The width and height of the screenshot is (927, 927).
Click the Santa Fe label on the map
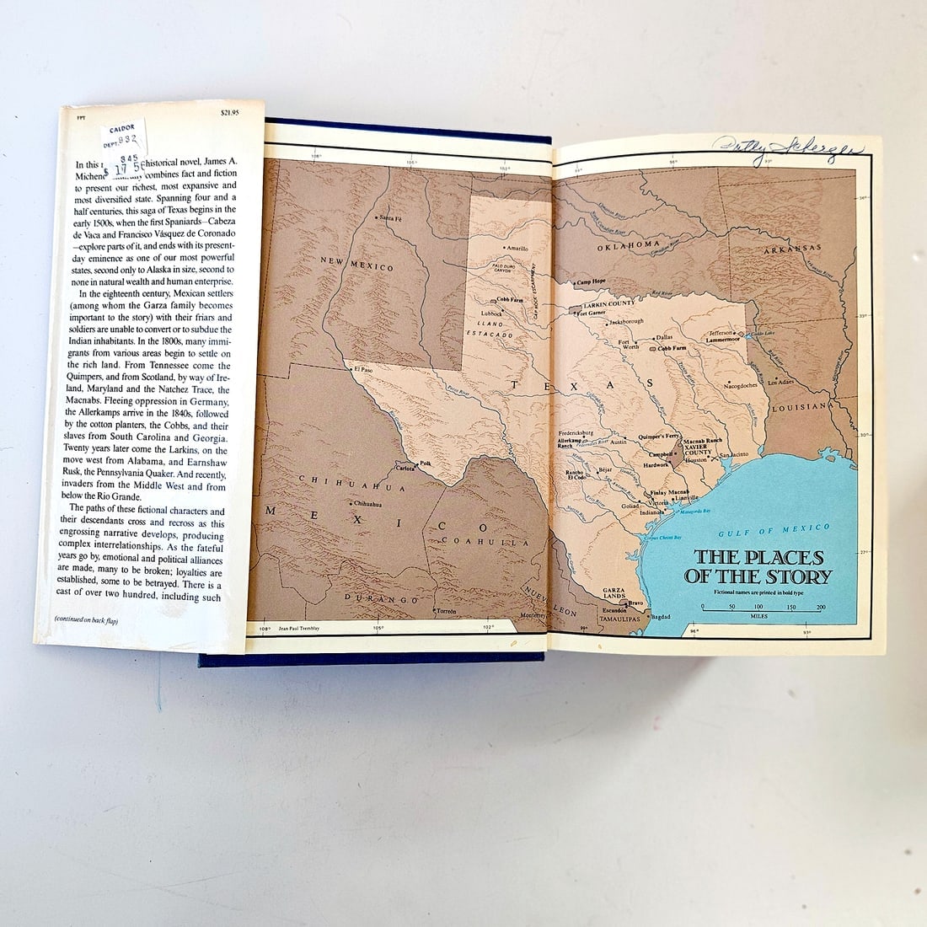click(x=393, y=217)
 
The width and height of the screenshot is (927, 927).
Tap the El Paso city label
click(x=362, y=368)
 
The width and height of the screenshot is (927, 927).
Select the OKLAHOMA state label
click(x=629, y=245)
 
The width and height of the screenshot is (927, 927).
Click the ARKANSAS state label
click(x=791, y=249)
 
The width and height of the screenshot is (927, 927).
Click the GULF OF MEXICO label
click(x=774, y=530)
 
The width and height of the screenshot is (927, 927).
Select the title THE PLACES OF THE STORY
click(x=762, y=567)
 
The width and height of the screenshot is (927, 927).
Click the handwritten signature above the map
click(x=788, y=151)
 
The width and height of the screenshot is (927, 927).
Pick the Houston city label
click(x=697, y=460)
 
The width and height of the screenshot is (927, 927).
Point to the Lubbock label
click(x=490, y=313)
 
